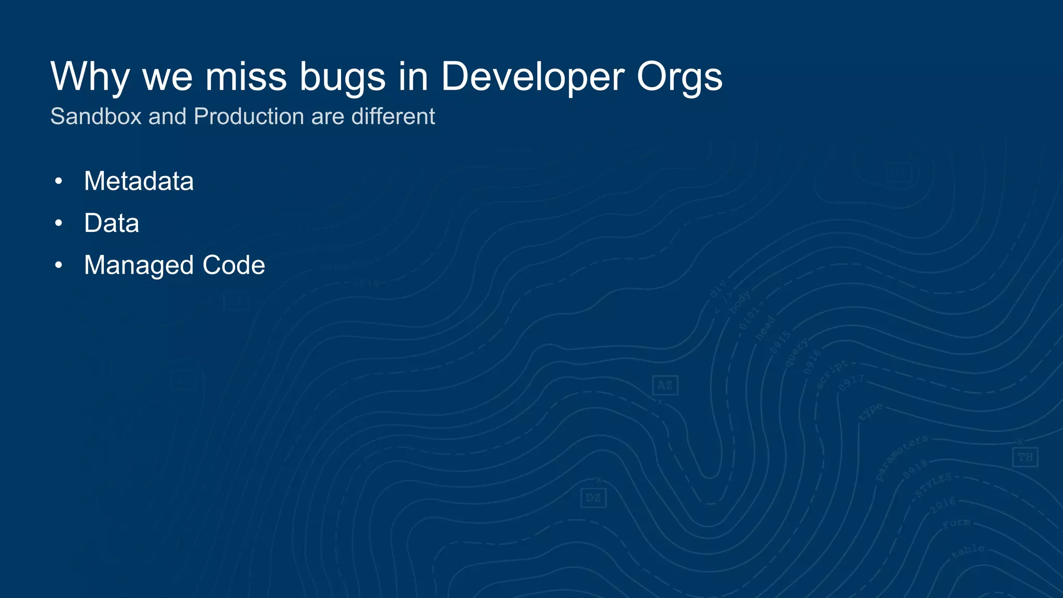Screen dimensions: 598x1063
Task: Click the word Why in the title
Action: pyautogui.click(x=89, y=77)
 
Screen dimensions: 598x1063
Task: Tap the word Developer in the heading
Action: pyautogui.click(x=533, y=77)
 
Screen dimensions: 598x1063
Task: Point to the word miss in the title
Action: pyautogui.click(x=246, y=77)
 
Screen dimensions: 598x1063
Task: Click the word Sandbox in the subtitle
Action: pyautogui.click(x=96, y=116)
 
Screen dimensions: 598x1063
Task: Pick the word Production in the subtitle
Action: pyautogui.click(x=249, y=116)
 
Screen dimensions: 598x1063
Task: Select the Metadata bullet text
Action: pyautogui.click(x=139, y=181)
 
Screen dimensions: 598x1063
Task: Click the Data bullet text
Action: pyautogui.click(x=112, y=223)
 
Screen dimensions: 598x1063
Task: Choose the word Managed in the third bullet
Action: pyautogui.click(x=139, y=265)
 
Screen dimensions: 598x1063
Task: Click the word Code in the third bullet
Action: pyautogui.click(x=234, y=265)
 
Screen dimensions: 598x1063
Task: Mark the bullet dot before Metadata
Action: pyautogui.click(x=59, y=181)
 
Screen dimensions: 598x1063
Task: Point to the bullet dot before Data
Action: pyautogui.click(x=59, y=223)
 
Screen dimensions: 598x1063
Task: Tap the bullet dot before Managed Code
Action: pyautogui.click(x=59, y=265)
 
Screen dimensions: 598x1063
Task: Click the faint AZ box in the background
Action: pyautogui.click(x=665, y=385)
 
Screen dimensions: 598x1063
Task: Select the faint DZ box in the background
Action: pyautogui.click(x=593, y=498)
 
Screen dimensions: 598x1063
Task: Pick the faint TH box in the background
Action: pyautogui.click(x=1025, y=457)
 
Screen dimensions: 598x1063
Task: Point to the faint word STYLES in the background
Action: pyautogui.click(x=933, y=485)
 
